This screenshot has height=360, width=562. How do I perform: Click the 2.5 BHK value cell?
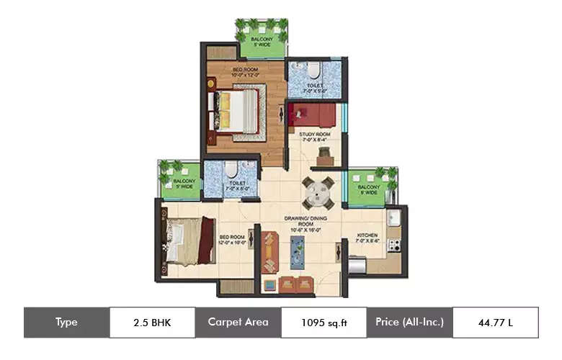152,323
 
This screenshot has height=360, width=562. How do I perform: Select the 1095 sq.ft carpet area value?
324,323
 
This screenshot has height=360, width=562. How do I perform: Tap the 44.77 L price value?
495,323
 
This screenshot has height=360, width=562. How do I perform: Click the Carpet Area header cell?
238,323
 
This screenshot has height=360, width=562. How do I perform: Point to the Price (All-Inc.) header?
409,323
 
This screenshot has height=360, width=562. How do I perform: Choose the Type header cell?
66,323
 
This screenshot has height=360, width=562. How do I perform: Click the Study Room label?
315,137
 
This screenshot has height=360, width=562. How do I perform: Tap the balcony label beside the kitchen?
367,189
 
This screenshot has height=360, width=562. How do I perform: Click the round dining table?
317,192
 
